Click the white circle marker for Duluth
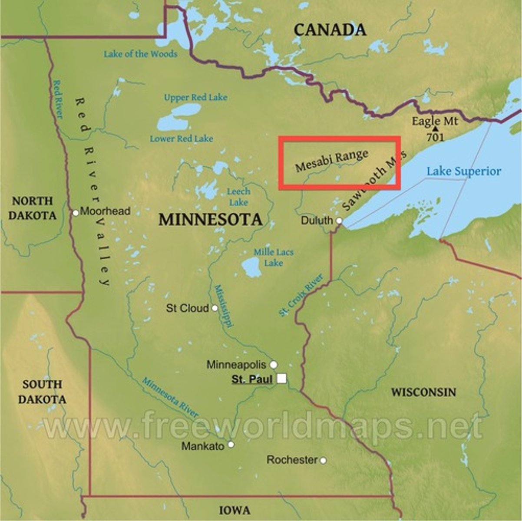339,221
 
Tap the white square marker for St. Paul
282,379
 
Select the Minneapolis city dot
274,364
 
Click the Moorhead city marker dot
76,213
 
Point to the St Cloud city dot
214,308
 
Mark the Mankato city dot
231,445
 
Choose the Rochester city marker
323,460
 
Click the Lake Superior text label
463,171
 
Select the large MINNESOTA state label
210,219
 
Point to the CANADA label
330,30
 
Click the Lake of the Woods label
140,54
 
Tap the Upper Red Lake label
195,97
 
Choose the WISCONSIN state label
423,392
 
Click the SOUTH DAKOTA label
42,392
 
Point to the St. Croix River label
301,295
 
